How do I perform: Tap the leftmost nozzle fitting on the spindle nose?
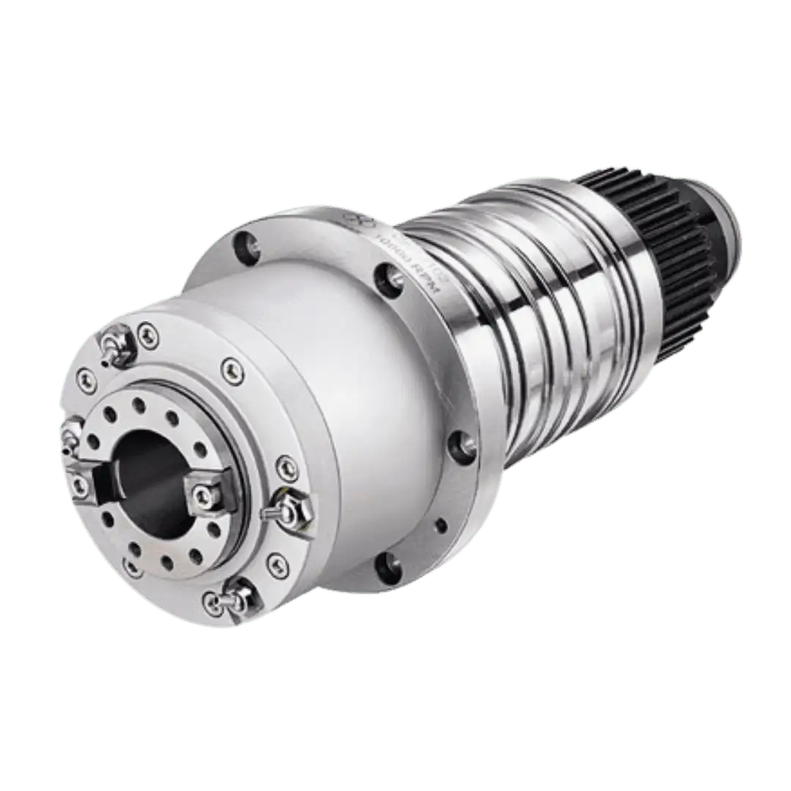[71, 434]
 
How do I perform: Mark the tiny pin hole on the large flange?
[440, 524]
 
